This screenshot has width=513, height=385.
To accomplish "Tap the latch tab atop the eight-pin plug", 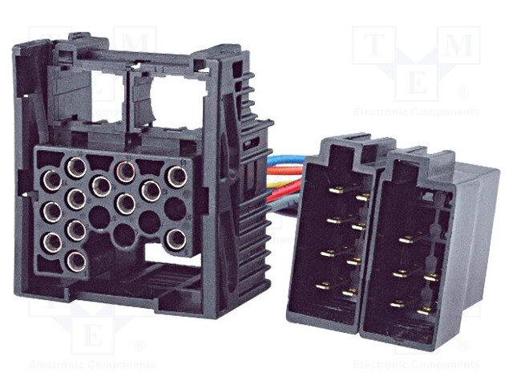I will [x=346, y=145].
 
